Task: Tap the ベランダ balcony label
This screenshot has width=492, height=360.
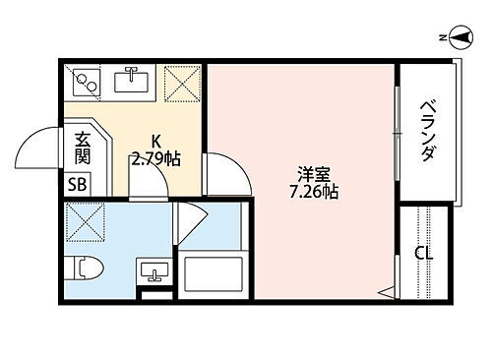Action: [429, 130]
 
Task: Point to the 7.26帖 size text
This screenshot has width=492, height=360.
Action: [315, 192]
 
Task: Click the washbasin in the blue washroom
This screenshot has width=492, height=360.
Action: [152, 270]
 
